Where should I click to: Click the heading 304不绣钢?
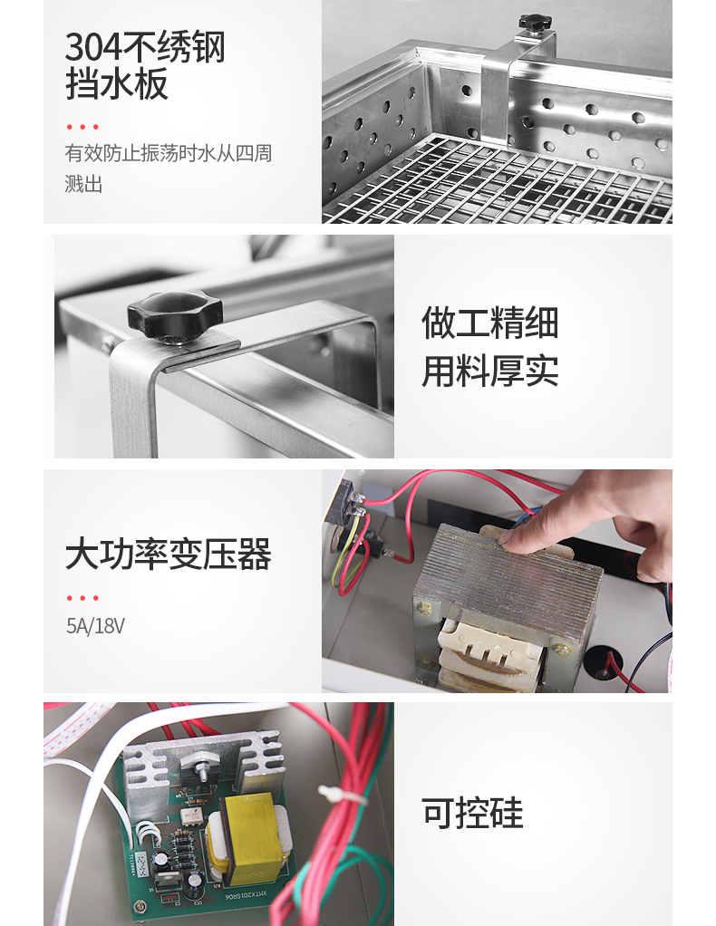click(145, 46)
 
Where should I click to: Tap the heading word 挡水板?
click(116, 83)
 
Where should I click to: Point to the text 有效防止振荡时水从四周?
click(169, 153)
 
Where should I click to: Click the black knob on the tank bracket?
click(535, 23)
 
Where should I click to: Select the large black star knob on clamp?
click(175, 313)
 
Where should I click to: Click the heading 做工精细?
click(489, 323)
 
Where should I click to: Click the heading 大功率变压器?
click(169, 554)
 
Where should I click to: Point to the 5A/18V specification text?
click(95, 626)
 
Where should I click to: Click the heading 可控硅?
click(472, 813)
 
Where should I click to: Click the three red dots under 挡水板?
click(82, 127)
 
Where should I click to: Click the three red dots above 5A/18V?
click(82, 598)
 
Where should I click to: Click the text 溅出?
click(83, 184)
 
